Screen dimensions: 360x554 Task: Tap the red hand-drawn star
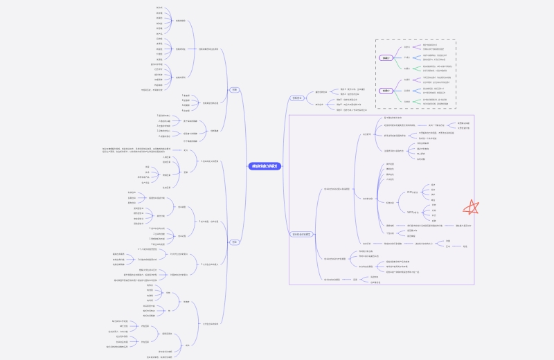click(472, 207)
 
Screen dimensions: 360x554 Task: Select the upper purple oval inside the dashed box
click(387, 58)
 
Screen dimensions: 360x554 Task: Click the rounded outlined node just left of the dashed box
click(296, 98)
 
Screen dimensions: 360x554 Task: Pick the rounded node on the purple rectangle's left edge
click(302, 235)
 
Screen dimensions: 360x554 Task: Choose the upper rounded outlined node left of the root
click(235, 89)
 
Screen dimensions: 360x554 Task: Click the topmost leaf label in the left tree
click(160, 7)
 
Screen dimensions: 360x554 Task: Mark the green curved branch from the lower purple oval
click(399, 97)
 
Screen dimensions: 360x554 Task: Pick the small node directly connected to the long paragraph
click(186, 150)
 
